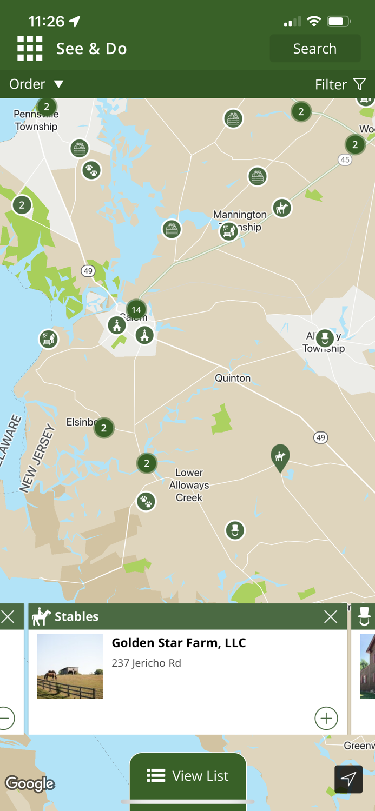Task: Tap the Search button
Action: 315,49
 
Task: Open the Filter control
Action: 340,84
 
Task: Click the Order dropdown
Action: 36,84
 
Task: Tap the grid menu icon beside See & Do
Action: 30,49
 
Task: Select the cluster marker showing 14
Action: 136,310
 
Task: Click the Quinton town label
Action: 233,378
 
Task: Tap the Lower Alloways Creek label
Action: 189,485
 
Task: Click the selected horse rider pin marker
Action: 280,457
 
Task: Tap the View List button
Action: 188,776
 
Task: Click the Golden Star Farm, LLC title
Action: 179,643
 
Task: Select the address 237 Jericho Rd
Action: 146,663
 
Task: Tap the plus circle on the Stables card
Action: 326,718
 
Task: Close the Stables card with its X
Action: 330,616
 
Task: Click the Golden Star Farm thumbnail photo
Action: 70,666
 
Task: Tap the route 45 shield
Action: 345,159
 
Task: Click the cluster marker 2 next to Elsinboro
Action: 104,428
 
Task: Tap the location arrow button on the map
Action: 348,779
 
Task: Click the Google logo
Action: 30,783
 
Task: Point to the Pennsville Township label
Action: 36,121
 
